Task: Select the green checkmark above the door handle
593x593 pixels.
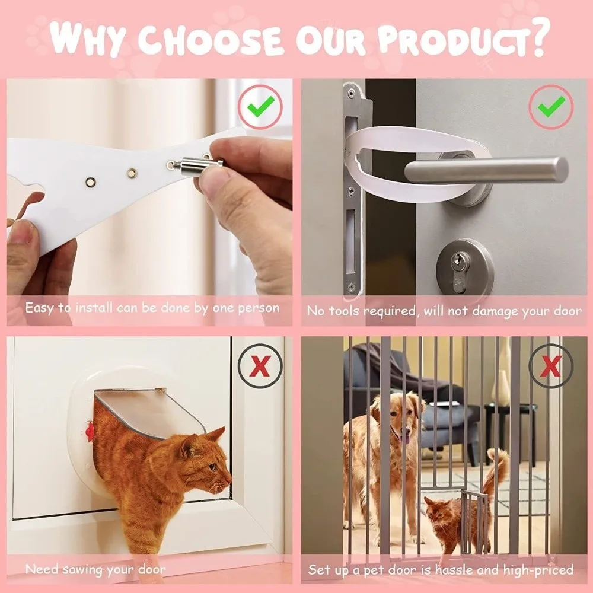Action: coord(551,107)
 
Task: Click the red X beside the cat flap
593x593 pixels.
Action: coord(259,366)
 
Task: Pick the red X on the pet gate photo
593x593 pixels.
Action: coord(551,366)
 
